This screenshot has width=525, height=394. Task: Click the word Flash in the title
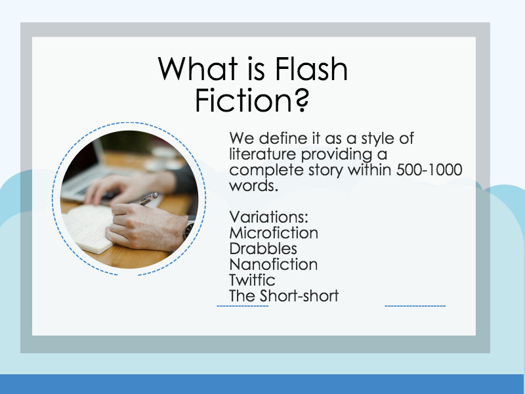point(311,69)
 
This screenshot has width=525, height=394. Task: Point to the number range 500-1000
point(429,170)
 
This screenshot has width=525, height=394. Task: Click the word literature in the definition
point(261,154)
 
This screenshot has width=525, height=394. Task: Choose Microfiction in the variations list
point(274,232)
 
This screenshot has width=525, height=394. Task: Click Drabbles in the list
point(263,248)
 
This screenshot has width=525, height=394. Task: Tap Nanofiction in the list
point(274,264)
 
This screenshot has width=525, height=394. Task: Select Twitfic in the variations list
point(253,280)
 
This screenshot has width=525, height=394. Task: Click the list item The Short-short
point(284,295)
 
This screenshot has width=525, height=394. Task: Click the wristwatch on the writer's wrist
point(189,229)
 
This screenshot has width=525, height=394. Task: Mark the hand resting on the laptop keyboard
point(115,187)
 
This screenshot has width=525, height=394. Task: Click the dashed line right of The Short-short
point(415,306)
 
